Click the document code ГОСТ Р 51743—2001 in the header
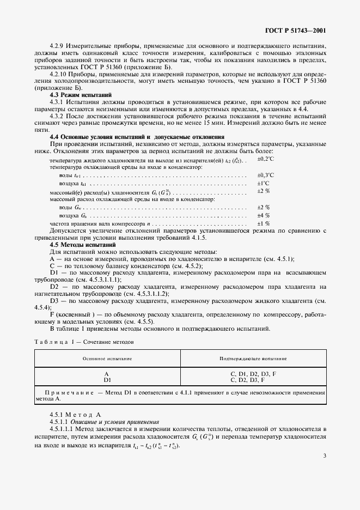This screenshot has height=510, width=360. tap(295, 31)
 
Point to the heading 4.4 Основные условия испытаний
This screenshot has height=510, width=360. tap(137, 136)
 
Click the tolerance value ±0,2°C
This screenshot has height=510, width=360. tap(265, 159)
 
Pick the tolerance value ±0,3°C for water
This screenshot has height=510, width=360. tap(265, 175)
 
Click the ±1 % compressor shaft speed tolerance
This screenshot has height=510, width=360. tap(263, 223)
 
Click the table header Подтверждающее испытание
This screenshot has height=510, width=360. tap(253, 359)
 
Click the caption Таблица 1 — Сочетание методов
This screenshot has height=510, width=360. tap(84, 342)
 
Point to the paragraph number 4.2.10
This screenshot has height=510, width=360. tap(58, 74)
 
